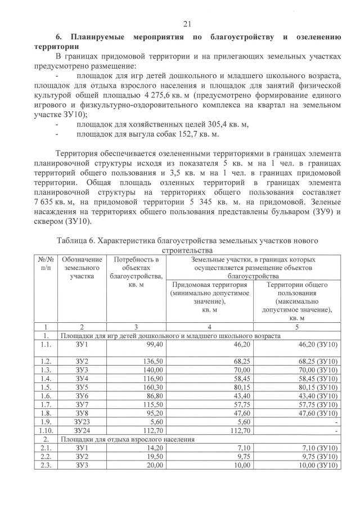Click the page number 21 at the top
click(188, 23)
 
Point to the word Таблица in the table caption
click(74, 240)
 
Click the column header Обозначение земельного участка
click(82, 268)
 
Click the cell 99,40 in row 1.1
click(152, 345)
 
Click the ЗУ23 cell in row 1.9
click(82, 424)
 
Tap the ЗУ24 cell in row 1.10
click(82, 433)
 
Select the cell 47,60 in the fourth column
click(240, 415)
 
